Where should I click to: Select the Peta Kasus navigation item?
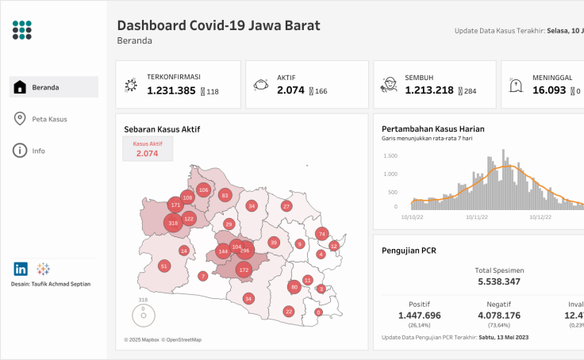(49, 119)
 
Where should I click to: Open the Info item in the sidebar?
(38, 151)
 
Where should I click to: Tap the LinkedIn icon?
(21, 269)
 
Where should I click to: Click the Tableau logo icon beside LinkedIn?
(43, 269)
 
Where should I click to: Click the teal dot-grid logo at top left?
(23, 30)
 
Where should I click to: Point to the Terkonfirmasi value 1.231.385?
(171, 90)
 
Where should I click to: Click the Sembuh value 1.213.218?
(429, 90)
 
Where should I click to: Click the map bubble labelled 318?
(174, 224)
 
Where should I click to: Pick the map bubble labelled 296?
(244, 251)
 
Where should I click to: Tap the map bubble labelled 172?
(244, 270)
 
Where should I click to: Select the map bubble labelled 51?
(164, 266)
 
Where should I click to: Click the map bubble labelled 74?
(321, 234)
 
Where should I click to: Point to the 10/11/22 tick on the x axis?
(477, 216)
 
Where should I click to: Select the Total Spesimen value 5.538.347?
(499, 281)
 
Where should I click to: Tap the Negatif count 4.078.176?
(499, 316)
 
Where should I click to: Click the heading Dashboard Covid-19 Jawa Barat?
(218, 25)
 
